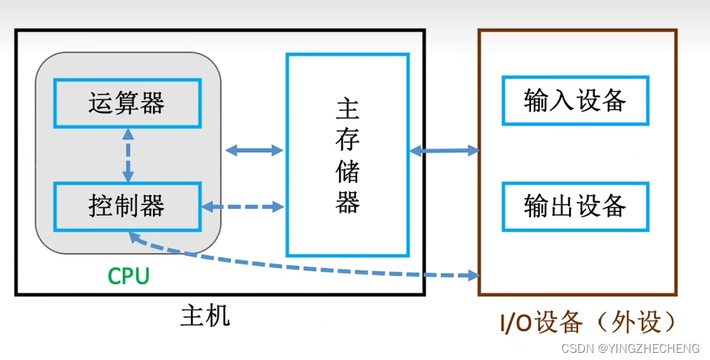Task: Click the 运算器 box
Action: tap(127, 103)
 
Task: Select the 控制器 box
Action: tap(127, 206)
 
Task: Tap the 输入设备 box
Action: tap(576, 100)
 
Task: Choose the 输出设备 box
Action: tap(576, 206)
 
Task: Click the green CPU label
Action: tap(129, 276)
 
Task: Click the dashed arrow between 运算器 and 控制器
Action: tap(128, 154)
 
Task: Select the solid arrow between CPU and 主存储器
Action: tap(254, 150)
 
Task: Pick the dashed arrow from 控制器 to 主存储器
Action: tap(243, 207)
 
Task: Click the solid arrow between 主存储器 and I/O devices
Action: tap(444, 150)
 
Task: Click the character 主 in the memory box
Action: tap(348, 110)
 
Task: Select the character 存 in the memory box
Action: tap(348, 142)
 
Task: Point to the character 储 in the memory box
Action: tap(348, 172)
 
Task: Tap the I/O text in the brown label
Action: tap(516, 324)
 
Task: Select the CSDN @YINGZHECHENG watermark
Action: tap(630, 349)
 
